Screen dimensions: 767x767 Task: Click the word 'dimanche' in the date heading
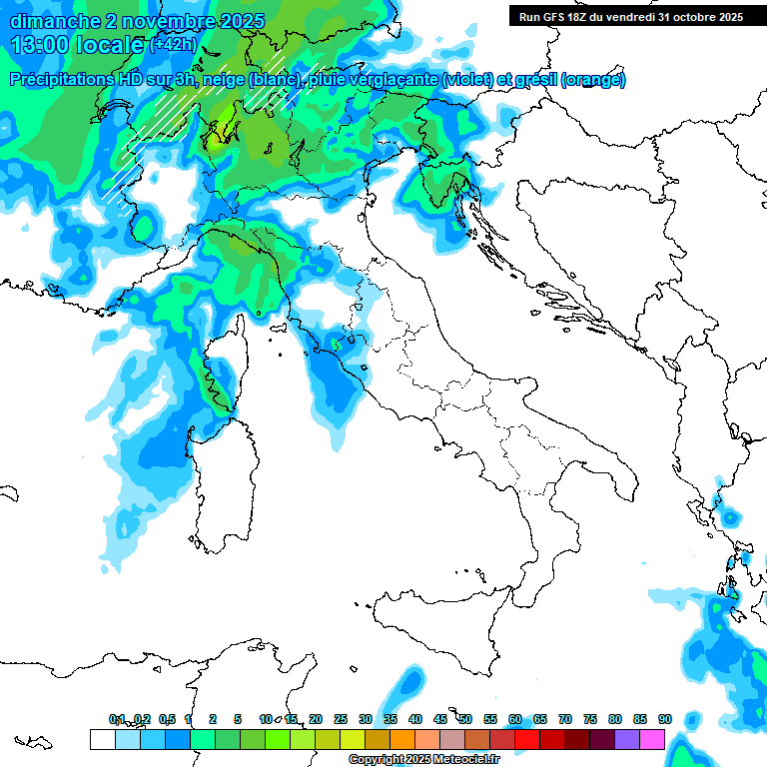click(x=50, y=21)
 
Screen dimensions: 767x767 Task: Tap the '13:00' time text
click(x=37, y=45)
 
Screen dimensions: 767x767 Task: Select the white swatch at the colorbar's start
click(x=102, y=739)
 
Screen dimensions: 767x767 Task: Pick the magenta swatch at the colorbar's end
click(x=652, y=739)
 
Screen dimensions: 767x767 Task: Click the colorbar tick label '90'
click(x=664, y=719)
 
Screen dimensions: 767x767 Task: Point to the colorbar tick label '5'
click(x=238, y=719)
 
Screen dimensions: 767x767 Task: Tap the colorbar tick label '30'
click(x=366, y=719)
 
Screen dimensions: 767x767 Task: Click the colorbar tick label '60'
click(x=515, y=719)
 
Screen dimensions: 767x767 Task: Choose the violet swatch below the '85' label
click(x=627, y=739)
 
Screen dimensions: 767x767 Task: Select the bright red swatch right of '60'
click(x=527, y=739)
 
